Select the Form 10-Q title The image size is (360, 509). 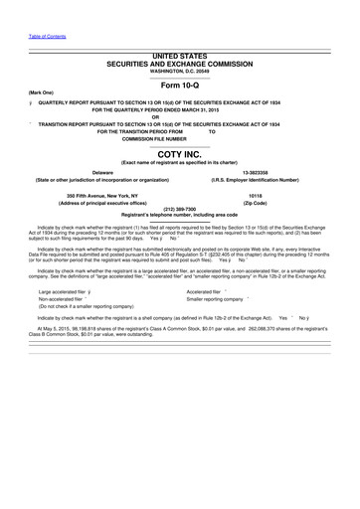tap(180, 83)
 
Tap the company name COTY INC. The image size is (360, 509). tap(180, 155)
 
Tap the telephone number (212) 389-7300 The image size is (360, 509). tap(179, 209)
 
